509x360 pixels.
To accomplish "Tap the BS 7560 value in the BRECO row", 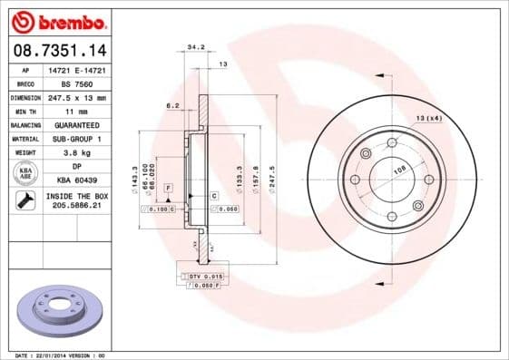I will (76, 83).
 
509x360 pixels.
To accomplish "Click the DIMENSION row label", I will (25, 97).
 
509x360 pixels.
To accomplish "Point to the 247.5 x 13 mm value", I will (76, 97).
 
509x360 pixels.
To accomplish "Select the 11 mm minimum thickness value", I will (76, 111).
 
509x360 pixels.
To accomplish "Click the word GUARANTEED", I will (76, 124).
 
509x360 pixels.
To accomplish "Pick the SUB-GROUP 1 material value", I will (76, 139).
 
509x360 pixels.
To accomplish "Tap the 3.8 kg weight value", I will (76, 152).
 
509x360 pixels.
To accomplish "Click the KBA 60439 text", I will (76, 180).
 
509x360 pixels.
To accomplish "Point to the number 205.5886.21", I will (76, 207).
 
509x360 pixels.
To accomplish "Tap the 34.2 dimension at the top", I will (194, 45).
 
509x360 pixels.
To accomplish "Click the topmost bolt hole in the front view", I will (392, 142).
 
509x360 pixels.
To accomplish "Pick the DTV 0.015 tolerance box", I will (206, 275).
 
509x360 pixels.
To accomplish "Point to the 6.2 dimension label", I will (171, 106).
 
